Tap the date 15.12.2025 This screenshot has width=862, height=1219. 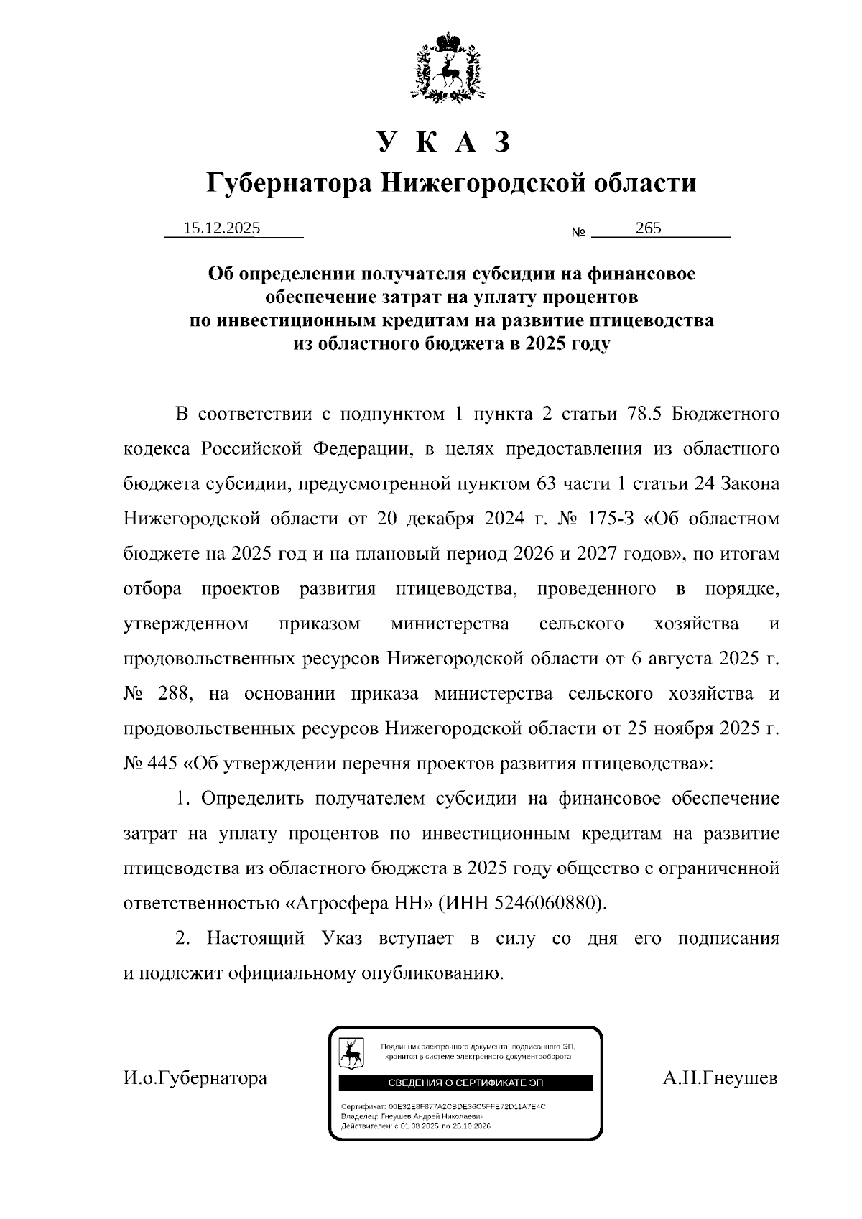pos(222,228)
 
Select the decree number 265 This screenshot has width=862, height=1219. pos(648,228)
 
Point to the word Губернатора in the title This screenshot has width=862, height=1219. pos(289,183)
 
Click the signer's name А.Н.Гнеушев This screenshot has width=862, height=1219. pos(720,1077)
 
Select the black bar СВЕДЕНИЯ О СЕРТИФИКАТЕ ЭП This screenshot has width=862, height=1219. pos(465,1083)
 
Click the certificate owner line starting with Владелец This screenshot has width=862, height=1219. pos(412,1116)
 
